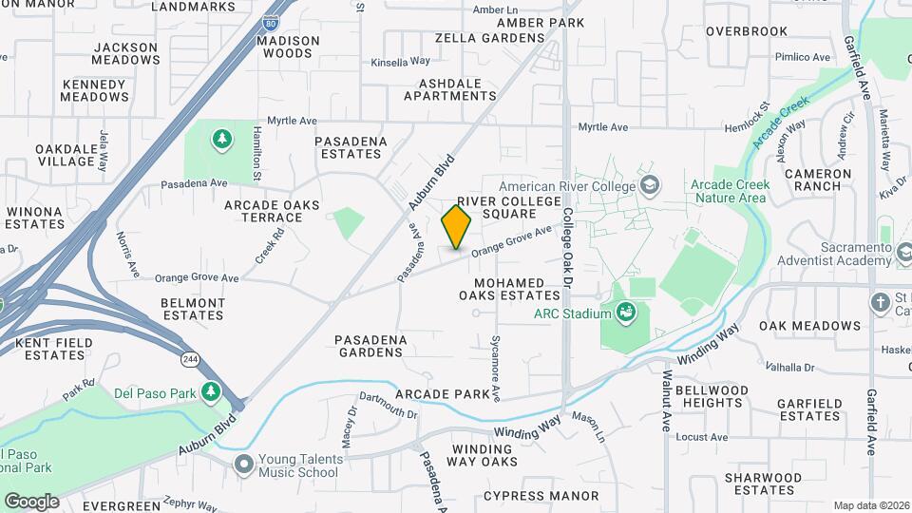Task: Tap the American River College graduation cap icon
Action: (x=650, y=184)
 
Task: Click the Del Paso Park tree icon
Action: (x=210, y=391)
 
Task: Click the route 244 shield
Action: (x=192, y=358)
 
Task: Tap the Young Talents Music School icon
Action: (x=244, y=465)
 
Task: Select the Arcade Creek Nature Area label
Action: (x=730, y=191)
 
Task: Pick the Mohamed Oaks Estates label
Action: (x=509, y=289)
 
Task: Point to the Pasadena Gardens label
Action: (x=370, y=346)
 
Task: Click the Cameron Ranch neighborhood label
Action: (x=818, y=180)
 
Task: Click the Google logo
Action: (x=31, y=501)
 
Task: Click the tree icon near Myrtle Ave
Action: (x=221, y=140)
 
